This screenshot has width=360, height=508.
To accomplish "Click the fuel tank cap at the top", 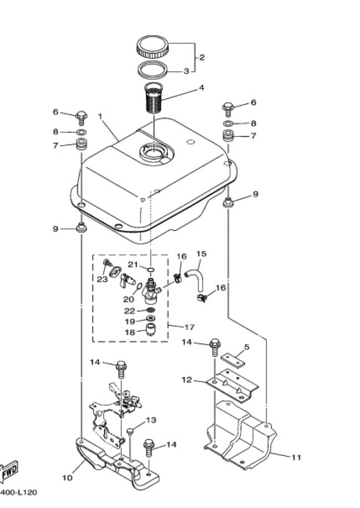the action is (x=153, y=47).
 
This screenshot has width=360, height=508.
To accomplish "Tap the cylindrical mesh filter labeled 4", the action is (x=153, y=98).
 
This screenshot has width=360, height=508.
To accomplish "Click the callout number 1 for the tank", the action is (x=100, y=116).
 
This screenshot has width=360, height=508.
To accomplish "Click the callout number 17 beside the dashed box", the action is (x=189, y=327).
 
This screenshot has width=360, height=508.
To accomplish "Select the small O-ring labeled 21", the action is (x=151, y=269).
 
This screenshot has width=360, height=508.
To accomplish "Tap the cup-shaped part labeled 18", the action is (x=150, y=329).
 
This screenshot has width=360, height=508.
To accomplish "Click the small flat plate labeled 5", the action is (x=233, y=360).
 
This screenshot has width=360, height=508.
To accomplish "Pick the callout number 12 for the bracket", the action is (x=187, y=380).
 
